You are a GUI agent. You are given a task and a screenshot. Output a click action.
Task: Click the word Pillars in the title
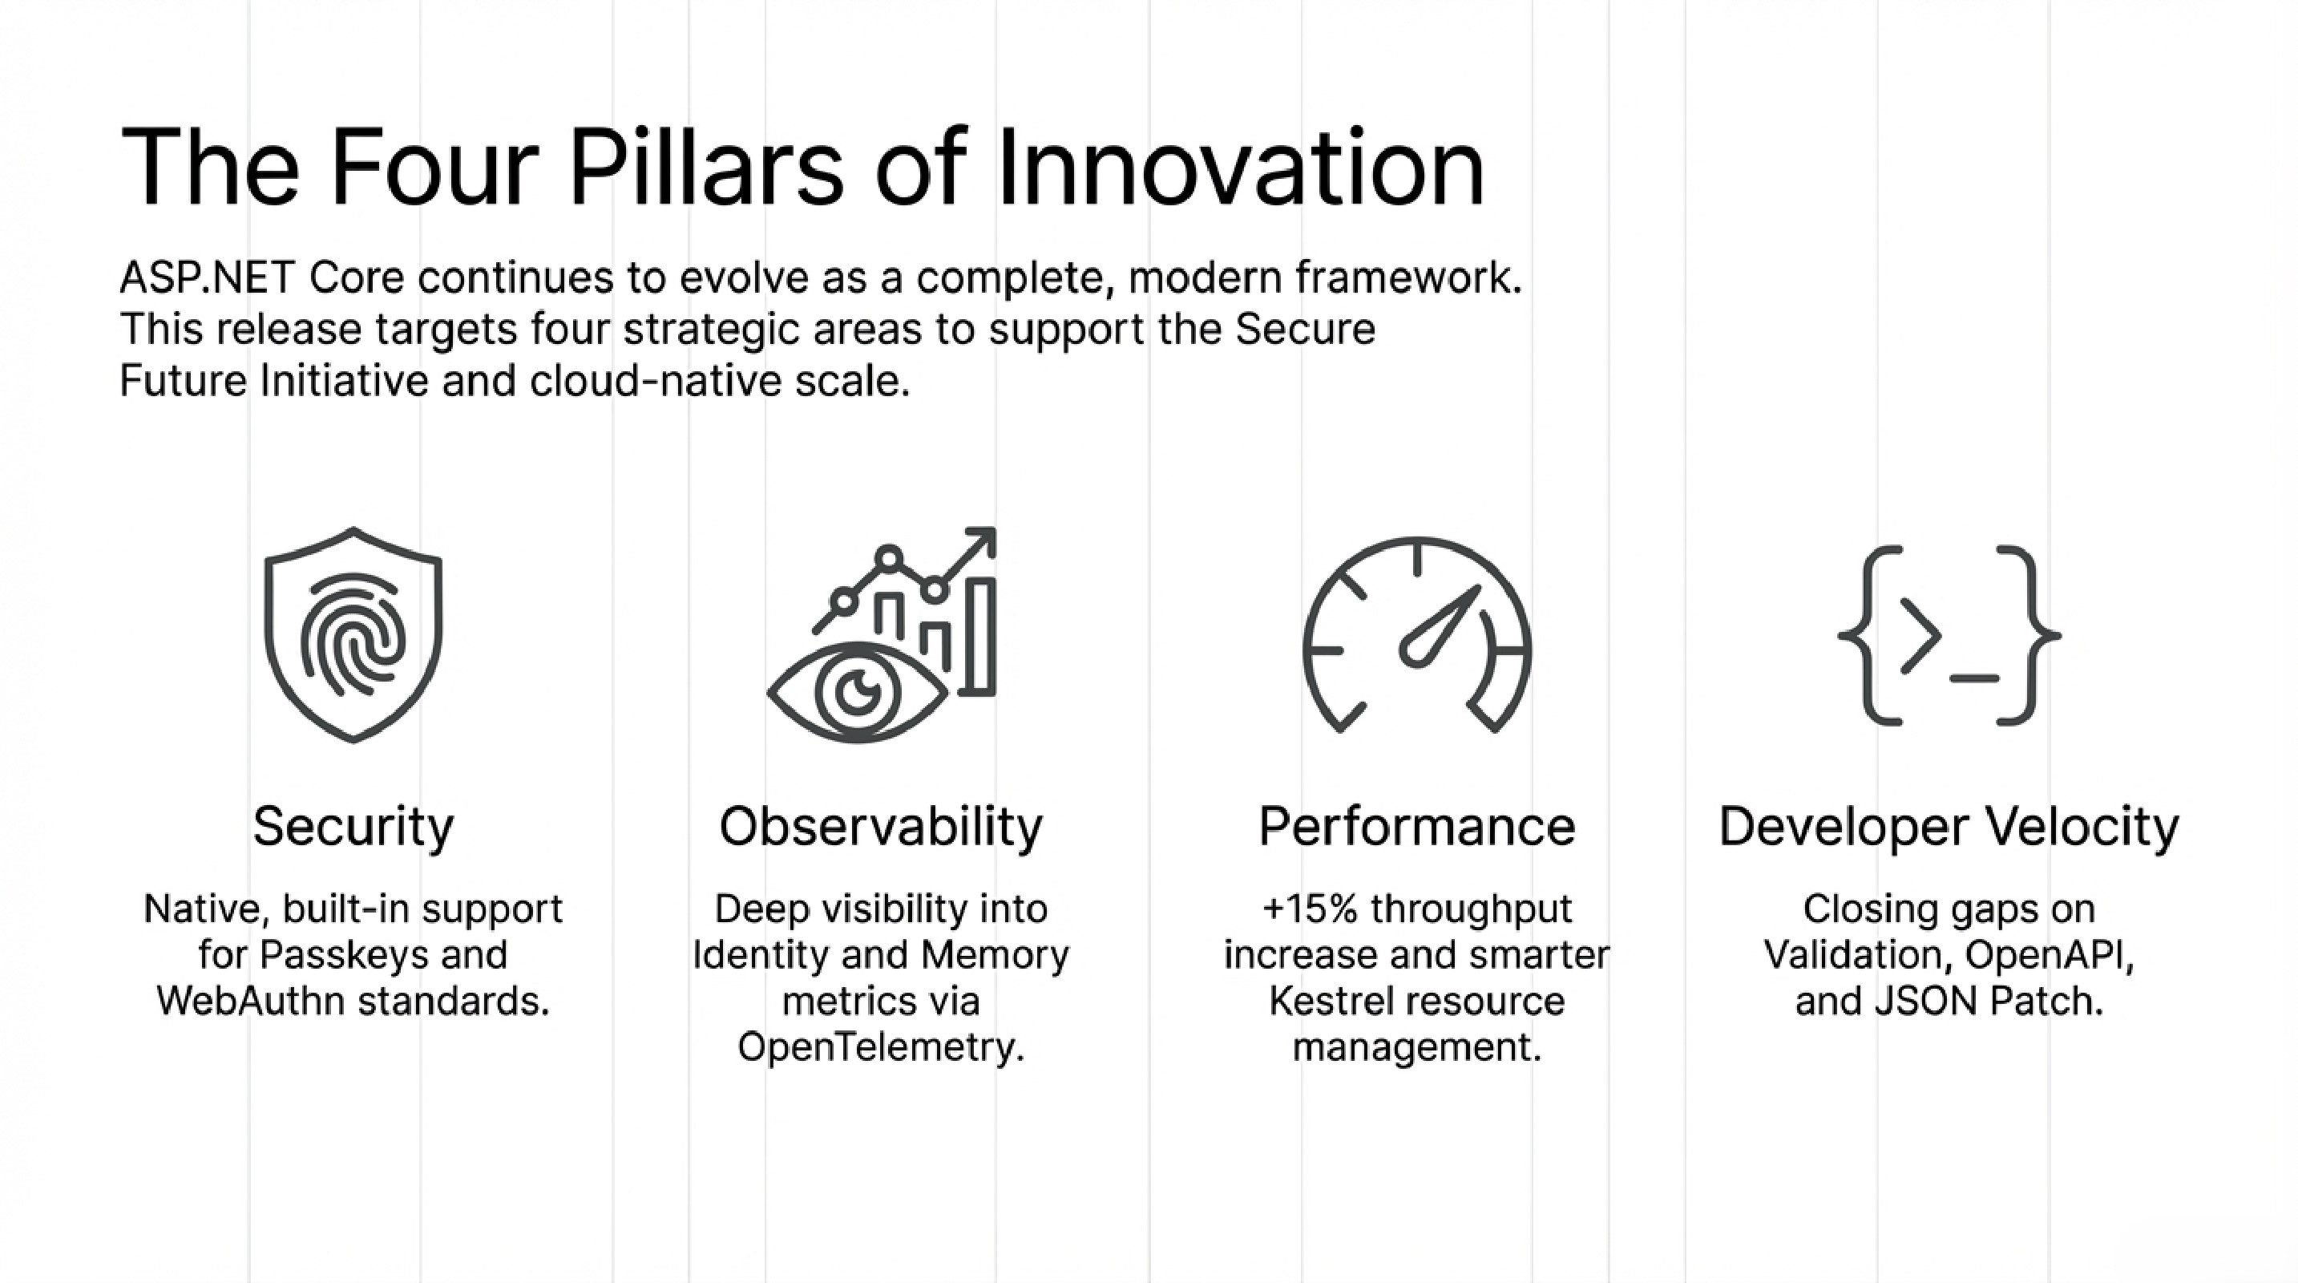point(706,168)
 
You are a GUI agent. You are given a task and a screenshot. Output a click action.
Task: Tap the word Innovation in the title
point(1241,168)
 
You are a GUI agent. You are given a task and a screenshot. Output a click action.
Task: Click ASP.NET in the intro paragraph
point(207,277)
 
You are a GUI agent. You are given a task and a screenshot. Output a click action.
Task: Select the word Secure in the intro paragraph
point(1305,330)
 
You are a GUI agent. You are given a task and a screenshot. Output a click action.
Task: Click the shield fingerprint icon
point(353,634)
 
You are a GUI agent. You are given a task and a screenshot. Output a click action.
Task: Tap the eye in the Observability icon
point(858,692)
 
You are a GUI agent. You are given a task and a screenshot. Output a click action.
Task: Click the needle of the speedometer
point(1439,626)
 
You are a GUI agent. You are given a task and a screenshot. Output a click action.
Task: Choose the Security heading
point(353,827)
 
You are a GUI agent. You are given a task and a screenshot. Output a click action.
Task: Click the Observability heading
point(882,826)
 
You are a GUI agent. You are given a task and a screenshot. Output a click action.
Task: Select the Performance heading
point(1416,826)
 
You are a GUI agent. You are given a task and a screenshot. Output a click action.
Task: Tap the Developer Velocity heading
point(1949,827)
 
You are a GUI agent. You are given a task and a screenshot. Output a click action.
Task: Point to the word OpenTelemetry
point(880,1046)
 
